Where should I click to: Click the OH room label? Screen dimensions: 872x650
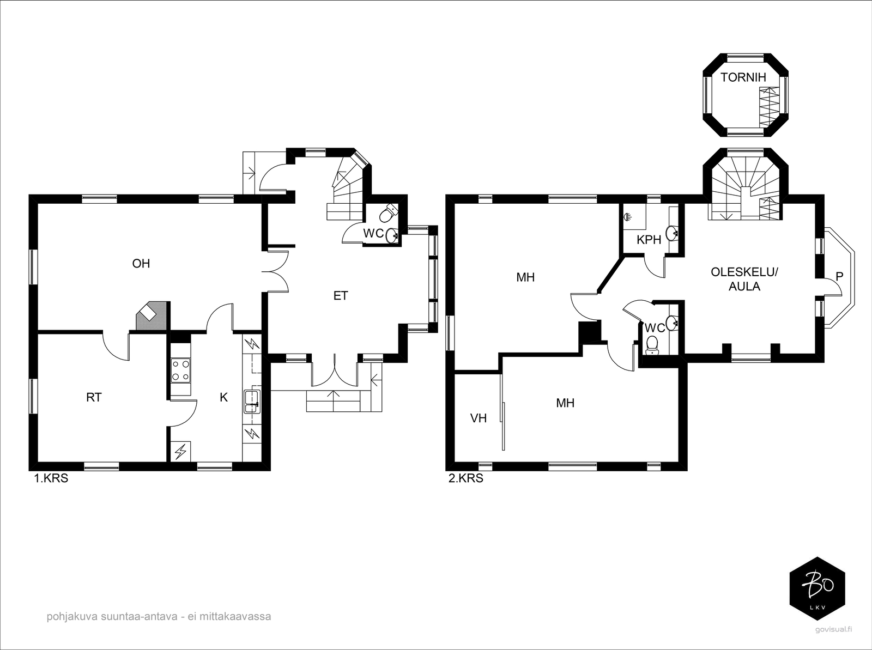[141, 263]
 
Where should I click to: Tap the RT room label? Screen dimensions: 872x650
[94, 397]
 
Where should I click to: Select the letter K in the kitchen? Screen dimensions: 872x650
[223, 397]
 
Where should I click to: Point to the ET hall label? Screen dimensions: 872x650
[341, 295]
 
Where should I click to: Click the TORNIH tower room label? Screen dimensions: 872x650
[743, 77]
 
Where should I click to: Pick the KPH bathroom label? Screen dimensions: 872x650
[649, 239]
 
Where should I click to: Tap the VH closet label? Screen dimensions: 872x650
[479, 418]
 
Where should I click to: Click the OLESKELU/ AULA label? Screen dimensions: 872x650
[744, 279]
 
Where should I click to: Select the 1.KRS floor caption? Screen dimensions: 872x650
[51, 478]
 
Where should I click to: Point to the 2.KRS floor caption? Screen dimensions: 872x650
[465, 478]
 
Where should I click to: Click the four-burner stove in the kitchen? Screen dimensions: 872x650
[181, 370]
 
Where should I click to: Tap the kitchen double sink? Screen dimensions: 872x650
[252, 402]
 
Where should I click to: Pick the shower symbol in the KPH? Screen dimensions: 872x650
[627, 217]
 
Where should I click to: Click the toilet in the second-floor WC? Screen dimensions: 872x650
[652, 345]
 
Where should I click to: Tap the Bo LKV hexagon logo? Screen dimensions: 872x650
[817, 589]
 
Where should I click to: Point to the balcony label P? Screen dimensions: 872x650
[839, 276]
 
